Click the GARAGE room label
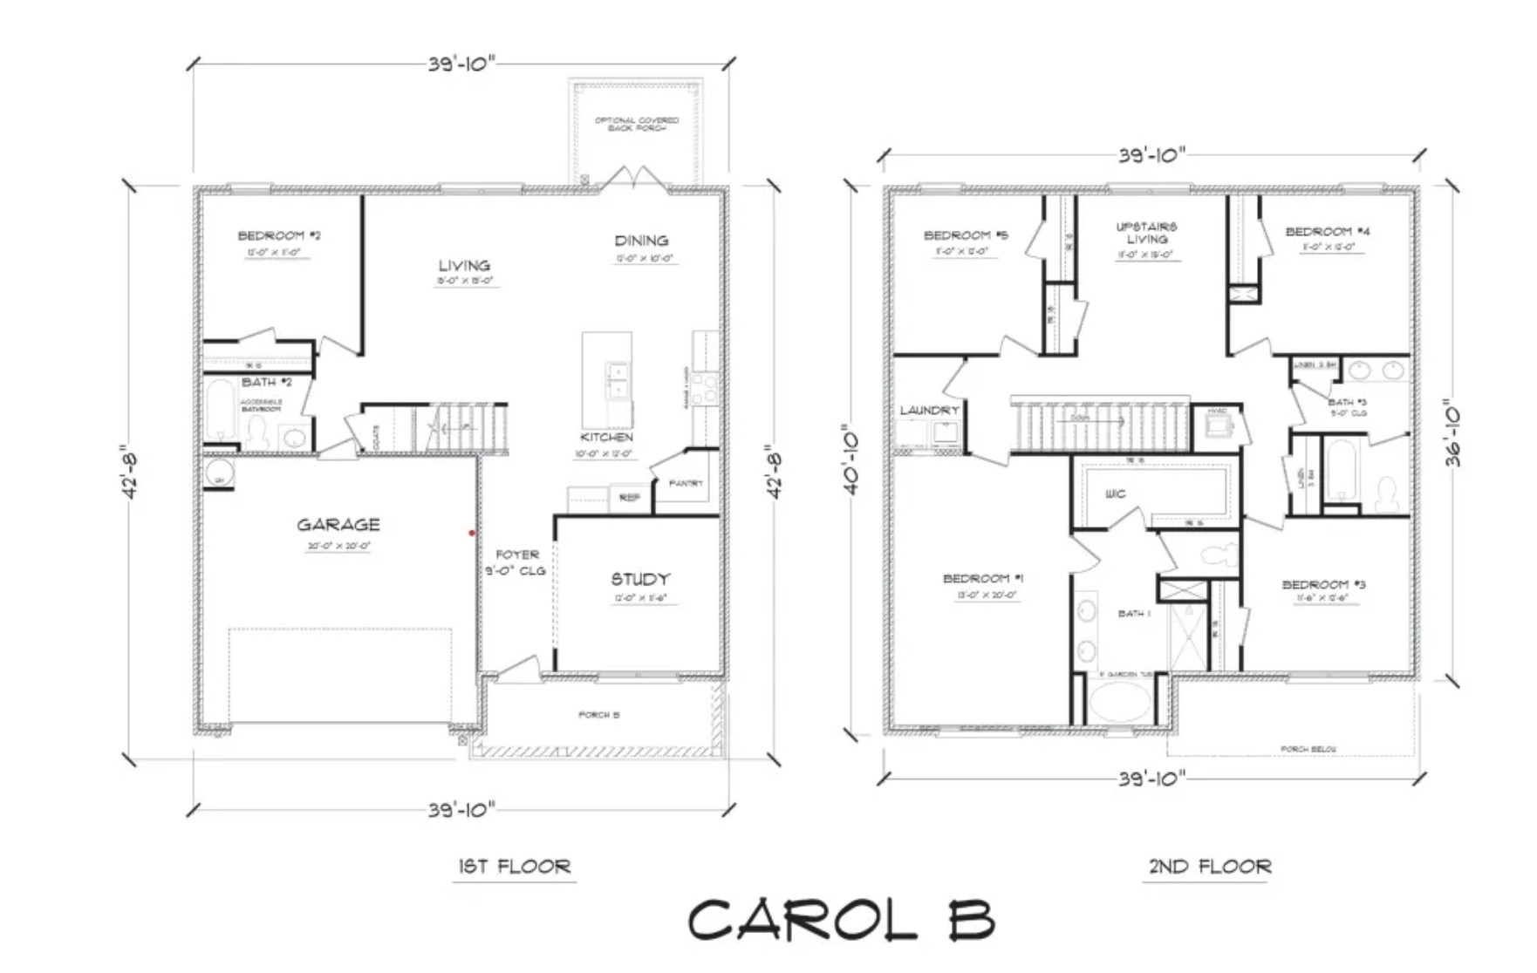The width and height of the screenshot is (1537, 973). (x=338, y=525)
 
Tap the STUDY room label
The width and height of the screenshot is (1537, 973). (x=640, y=579)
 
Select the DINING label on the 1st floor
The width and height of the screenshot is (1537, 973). (x=641, y=241)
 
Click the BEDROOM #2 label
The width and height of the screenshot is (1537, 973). (x=280, y=235)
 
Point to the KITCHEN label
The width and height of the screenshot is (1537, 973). (x=606, y=437)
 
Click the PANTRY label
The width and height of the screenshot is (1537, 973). (x=686, y=483)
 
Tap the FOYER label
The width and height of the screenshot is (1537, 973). (x=517, y=555)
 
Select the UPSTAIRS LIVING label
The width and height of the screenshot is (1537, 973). (x=1146, y=233)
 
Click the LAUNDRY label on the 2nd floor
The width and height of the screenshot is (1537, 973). (x=930, y=410)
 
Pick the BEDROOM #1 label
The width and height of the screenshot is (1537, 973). (x=983, y=578)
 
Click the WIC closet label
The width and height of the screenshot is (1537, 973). (x=1115, y=493)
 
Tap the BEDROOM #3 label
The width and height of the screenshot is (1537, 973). (x=1323, y=584)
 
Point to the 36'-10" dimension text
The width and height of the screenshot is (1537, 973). (x=1452, y=434)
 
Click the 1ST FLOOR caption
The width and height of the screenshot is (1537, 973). (x=515, y=866)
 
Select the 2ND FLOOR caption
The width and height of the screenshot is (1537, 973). (x=1210, y=866)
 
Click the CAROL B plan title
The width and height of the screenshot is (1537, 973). (x=841, y=920)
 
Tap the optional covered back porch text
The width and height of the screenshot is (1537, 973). (x=637, y=124)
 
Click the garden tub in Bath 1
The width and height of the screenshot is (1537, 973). (x=1120, y=701)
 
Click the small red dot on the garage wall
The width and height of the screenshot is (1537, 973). (x=472, y=533)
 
